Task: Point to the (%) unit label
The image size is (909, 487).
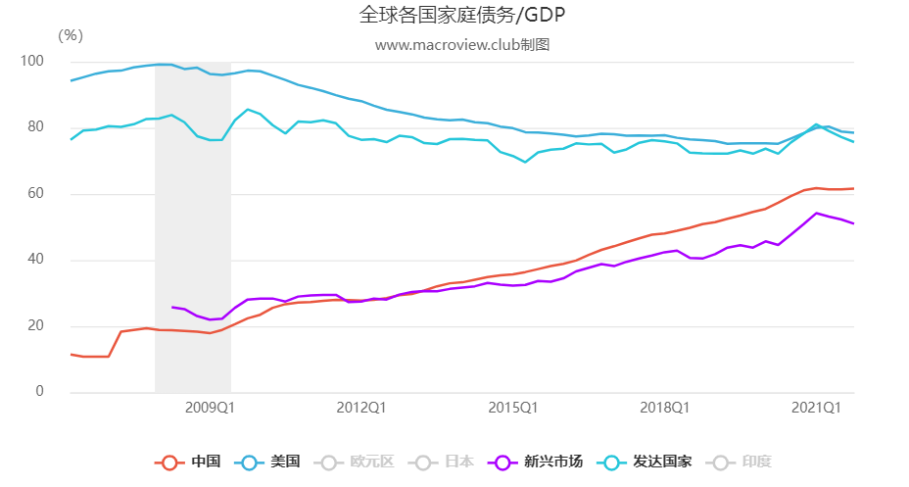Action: pyautogui.click(x=71, y=35)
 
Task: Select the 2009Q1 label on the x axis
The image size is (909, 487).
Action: pyautogui.click(x=208, y=408)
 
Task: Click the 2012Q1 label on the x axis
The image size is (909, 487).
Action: pyautogui.click(x=359, y=408)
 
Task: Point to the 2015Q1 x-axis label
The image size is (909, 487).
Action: pyautogui.click(x=512, y=408)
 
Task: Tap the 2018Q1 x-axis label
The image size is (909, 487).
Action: pyautogui.click(x=664, y=408)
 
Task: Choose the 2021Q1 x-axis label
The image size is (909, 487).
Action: pyautogui.click(x=816, y=408)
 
